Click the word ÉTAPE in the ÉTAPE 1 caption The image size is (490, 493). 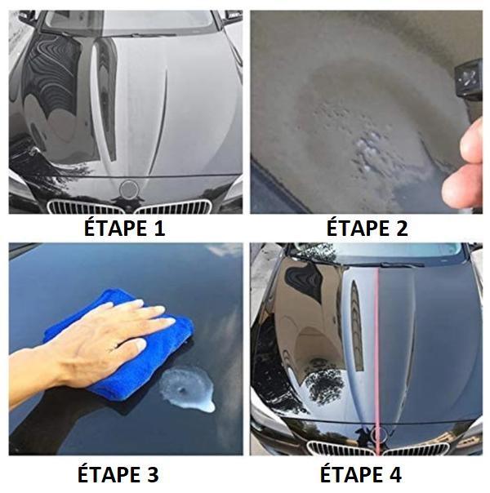tap(114, 229)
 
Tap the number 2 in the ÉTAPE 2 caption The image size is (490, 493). tap(400, 229)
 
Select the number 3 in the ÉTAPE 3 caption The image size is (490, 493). tap(151, 474)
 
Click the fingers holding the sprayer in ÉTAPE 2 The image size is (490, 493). tap(465, 171)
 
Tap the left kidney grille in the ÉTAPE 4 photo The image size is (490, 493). tap(335, 449)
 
